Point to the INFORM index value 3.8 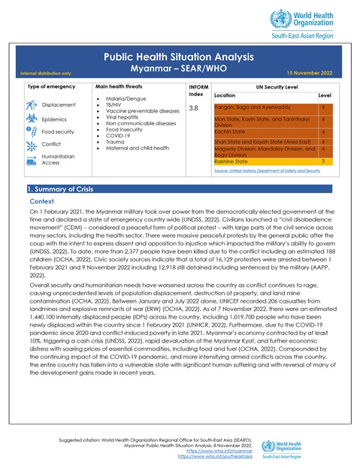(193, 109)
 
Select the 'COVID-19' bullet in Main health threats (120, 134)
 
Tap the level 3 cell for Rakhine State (322, 161)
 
